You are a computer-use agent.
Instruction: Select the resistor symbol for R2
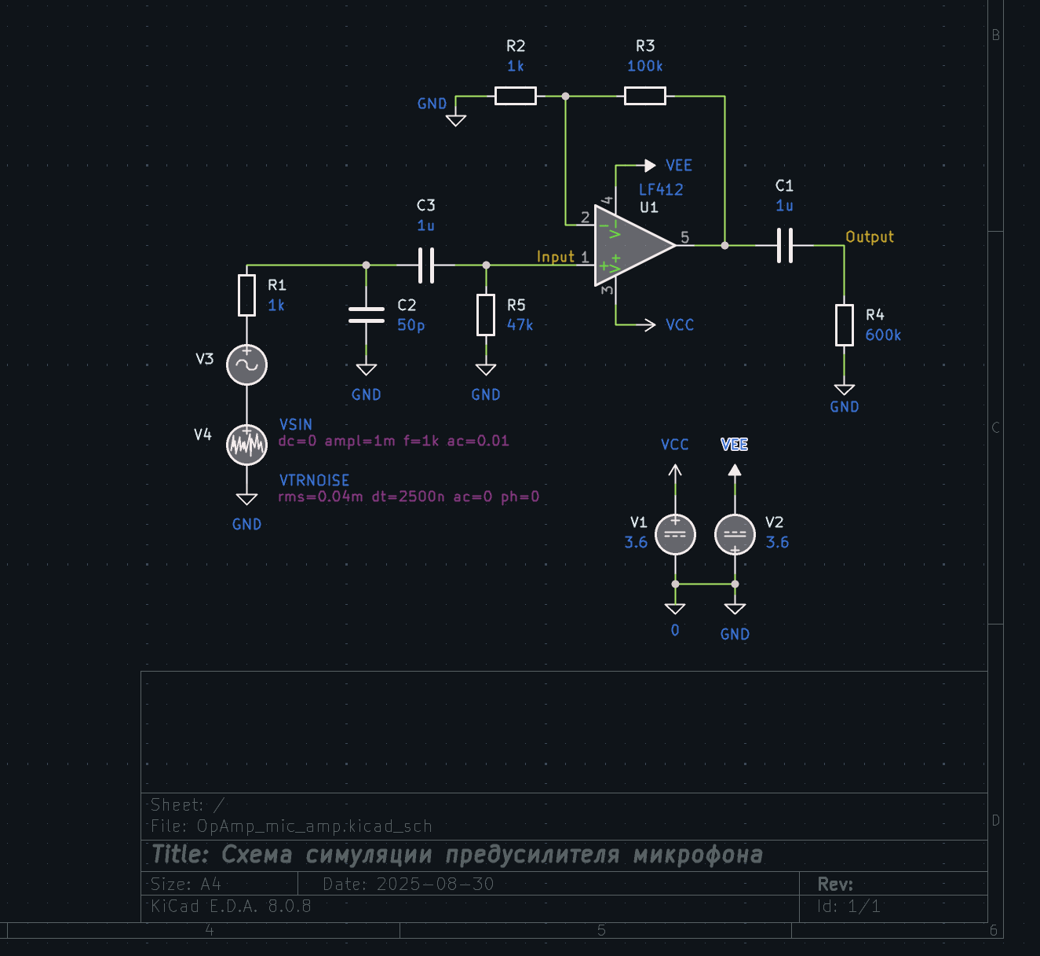click(x=516, y=96)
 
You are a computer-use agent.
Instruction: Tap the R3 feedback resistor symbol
click(x=645, y=96)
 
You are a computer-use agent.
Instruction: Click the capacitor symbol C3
click(x=426, y=265)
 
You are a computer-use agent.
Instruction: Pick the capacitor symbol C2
click(x=367, y=314)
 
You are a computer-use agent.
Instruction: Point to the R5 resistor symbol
click(x=486, y=315)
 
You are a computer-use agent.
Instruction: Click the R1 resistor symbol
click(x=247, y=295)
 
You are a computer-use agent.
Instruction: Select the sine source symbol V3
click(x=247, y=364)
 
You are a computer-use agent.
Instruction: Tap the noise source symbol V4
click(x=247, y=445)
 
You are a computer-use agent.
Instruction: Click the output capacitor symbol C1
click(x=785, y=245)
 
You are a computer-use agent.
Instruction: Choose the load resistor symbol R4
click(x=845, y=324)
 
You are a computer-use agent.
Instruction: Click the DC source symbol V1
click(x=675, y=534)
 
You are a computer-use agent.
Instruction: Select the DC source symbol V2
click(x=735, y=534)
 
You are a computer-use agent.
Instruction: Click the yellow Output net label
click(x=870, y=236)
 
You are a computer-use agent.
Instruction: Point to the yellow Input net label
click(x=556, y=257)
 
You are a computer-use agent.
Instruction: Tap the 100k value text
click(x=645, y=66)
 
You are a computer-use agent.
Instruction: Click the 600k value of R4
click(x=883, y=335)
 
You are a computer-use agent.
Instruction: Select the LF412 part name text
click(x=661, y=189)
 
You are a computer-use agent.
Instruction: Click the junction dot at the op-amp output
click(x=724, y=245)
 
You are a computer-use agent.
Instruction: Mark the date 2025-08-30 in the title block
click(x=435, y=885)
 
